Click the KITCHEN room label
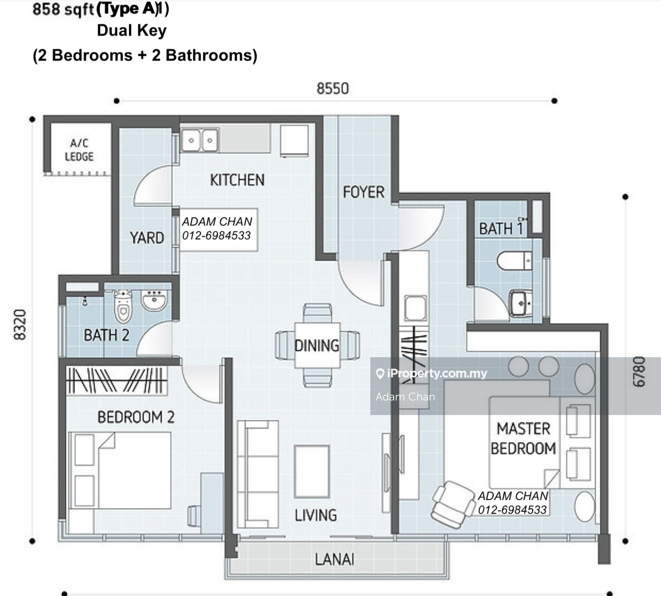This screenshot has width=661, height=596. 238,180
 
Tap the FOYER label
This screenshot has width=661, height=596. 363,192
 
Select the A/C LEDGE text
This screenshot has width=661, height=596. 79,150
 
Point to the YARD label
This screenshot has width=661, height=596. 147,238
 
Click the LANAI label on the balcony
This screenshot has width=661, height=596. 334,559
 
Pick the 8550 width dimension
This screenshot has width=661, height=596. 333,89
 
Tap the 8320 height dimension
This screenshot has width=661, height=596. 20,324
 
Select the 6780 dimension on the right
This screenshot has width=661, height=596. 639,372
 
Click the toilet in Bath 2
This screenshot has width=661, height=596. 123,306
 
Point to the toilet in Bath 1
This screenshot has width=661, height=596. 514,261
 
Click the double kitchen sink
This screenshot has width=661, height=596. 200,140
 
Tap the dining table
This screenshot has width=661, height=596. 317,345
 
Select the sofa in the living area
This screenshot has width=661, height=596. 258,474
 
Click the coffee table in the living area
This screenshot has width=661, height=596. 312,471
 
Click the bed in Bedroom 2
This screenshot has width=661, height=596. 120,471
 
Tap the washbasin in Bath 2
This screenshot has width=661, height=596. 154,300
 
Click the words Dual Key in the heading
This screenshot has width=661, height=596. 131,31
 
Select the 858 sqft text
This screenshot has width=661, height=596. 63,9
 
